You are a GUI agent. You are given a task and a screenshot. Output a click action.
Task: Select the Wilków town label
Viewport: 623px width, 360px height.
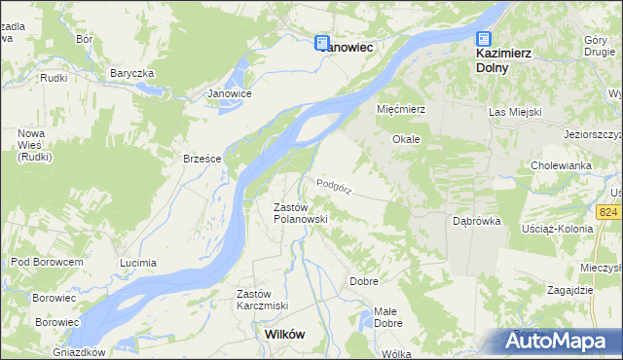284,334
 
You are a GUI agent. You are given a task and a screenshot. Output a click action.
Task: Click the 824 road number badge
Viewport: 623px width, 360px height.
609,211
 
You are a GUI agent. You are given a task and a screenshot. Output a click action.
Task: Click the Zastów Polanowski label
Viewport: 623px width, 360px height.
299,213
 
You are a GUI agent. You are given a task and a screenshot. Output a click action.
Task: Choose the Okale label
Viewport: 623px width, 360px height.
406,139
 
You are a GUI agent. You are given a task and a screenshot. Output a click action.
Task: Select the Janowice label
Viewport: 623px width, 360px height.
231,93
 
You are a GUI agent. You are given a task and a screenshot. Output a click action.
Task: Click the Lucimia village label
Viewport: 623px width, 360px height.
137,264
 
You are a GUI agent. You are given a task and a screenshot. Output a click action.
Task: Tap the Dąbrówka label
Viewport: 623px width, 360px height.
477,221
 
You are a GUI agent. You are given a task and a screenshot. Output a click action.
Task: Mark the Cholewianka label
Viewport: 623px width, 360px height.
562,165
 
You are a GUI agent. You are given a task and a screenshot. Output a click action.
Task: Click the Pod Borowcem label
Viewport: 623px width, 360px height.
47,262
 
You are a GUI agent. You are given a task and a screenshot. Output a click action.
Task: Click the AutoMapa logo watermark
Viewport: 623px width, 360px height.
559,342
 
